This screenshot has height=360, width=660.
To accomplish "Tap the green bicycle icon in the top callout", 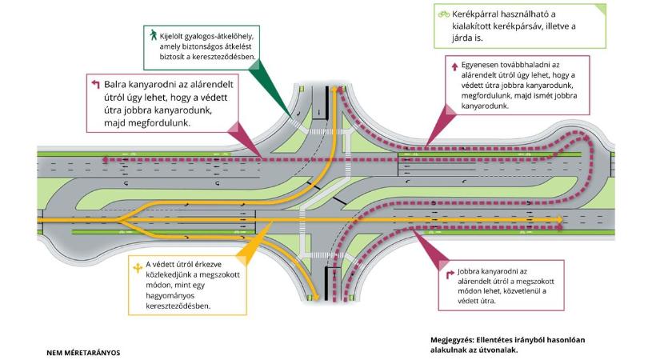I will (442, 14).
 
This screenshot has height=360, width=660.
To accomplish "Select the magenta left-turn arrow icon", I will (94, 83).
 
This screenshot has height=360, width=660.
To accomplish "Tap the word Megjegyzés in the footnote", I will (451, 339).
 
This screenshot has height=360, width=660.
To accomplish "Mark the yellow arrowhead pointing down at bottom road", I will (317, 298).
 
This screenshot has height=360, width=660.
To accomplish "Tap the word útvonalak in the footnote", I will (497, 350).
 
